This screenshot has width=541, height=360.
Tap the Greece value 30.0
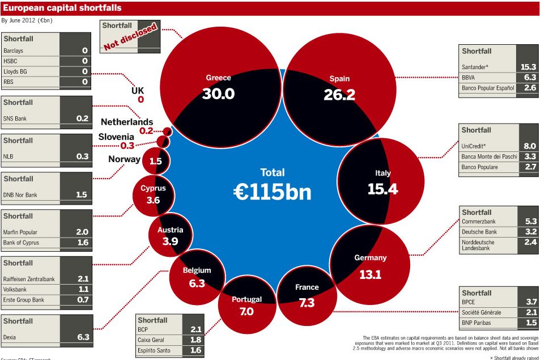(218, 94)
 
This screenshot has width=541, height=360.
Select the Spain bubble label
(339, 79)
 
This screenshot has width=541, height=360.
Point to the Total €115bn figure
(272, 192)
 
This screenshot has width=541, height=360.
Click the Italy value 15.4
(382, 189)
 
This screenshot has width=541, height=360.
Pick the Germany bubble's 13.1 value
(370, 274)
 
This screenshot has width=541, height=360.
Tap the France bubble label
(307, 287)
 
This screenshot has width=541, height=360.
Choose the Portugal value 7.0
(246, 311)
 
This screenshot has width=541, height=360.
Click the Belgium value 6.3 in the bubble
(197, 283)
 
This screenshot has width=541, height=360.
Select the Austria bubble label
(171, 230)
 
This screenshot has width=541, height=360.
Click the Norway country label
(124, 159)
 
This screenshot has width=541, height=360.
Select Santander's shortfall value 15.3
(528, 67)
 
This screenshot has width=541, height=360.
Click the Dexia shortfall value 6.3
(83, 337)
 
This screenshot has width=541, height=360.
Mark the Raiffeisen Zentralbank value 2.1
(83, 278)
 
